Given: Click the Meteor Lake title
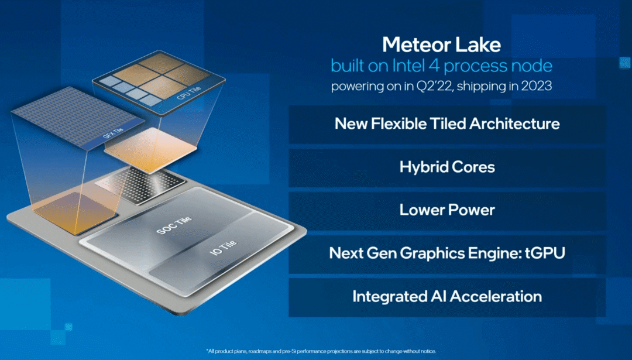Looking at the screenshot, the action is click(441, 44).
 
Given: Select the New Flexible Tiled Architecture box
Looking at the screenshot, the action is click(447, 124).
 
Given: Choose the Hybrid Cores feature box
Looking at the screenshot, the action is click(447, 167).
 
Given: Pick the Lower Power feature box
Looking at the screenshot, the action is click(447, 210).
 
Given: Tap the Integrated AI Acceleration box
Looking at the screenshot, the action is click(447, 297).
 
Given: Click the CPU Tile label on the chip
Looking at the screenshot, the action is click(188, 93).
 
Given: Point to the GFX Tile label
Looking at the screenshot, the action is click(113, 133).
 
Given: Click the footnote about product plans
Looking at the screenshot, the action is click(321, 351).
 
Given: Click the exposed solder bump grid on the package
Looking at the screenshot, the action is click(141, 184).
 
